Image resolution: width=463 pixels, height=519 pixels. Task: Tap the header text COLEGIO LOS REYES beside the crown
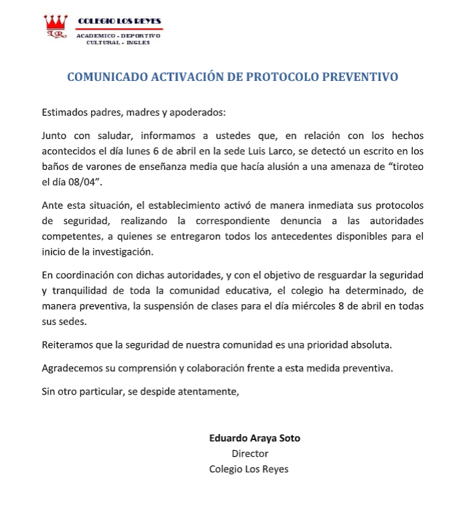pyautogui.click(x=120, y=21)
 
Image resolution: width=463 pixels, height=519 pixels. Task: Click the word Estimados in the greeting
pyautogui.click(x=64, y=112)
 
